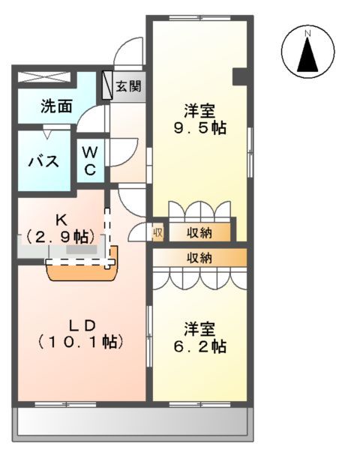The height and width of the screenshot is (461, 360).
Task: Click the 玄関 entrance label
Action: tap(128, 86)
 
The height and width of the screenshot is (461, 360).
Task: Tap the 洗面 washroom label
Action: tap(56, 106)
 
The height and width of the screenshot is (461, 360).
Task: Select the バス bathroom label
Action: tap(43, 160)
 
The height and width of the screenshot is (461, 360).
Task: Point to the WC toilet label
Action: tap(89, 160)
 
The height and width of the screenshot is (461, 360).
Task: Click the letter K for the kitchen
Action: tap(61, 220)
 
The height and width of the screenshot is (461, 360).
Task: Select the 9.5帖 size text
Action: tap(199, 127)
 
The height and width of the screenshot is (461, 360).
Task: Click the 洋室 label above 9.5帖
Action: tap(199, 110)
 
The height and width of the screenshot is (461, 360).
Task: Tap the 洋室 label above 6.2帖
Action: tap(201, 329)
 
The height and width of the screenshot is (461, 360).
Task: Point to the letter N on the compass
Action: tap(307, 33)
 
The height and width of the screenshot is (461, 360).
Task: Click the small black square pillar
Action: tap(240, 76)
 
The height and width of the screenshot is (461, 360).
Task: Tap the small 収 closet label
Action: tap(158, 232)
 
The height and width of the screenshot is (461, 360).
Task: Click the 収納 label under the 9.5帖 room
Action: tap(199, 232)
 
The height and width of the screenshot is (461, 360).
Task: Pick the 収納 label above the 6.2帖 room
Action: tap(199, 258)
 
